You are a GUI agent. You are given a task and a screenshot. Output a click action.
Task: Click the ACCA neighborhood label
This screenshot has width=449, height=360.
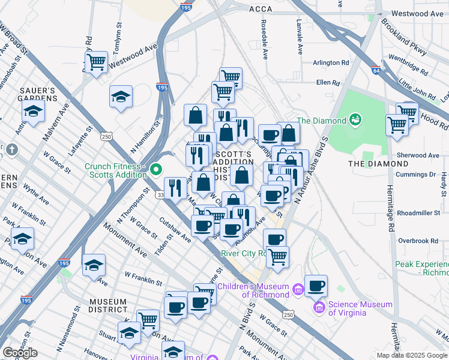(261, 9)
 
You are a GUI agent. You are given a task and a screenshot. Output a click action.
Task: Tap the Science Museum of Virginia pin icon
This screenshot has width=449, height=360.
(319, 308)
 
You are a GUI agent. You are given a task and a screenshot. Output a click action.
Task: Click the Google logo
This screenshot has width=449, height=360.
(20, 353)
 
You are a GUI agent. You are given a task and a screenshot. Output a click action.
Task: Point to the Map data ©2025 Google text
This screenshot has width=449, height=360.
(411, 355)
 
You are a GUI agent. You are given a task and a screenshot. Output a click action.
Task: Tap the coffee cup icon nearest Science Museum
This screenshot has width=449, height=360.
(316, 286)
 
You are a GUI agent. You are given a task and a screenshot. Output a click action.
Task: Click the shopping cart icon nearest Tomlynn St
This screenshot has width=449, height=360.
(96, 62)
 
